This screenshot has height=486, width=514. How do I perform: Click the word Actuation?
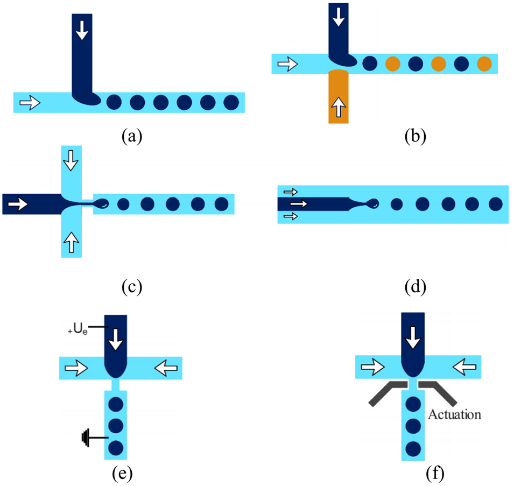coord(454,415)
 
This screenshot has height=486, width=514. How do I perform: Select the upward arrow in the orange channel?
coord(338,109)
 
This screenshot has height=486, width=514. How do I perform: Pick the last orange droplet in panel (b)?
coord(484,64)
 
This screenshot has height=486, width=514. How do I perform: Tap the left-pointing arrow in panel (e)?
coord(165,368)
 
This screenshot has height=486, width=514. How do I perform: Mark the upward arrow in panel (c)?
coord(71,243)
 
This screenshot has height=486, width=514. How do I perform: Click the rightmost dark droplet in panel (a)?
coord(231,102)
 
